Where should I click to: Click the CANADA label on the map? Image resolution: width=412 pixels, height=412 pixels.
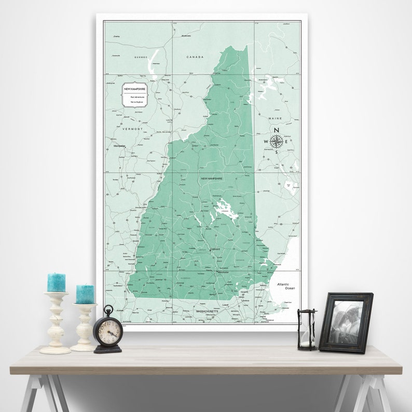[195, 57]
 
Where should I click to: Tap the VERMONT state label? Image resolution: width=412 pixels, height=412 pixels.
[132, 129]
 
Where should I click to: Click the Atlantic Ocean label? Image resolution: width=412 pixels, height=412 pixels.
[285, 286]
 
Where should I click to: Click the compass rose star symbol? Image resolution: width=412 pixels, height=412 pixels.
[277, 141]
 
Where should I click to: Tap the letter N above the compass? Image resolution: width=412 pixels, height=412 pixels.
[277, 130]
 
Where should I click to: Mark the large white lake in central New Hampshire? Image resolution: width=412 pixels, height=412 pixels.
[224, 210]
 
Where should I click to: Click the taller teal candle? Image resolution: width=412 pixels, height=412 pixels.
[56, 282]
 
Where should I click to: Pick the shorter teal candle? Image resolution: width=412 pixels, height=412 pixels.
[85, 294]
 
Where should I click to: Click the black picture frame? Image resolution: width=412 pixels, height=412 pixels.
[346, 322]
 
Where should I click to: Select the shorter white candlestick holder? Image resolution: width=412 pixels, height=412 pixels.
[84, 327]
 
